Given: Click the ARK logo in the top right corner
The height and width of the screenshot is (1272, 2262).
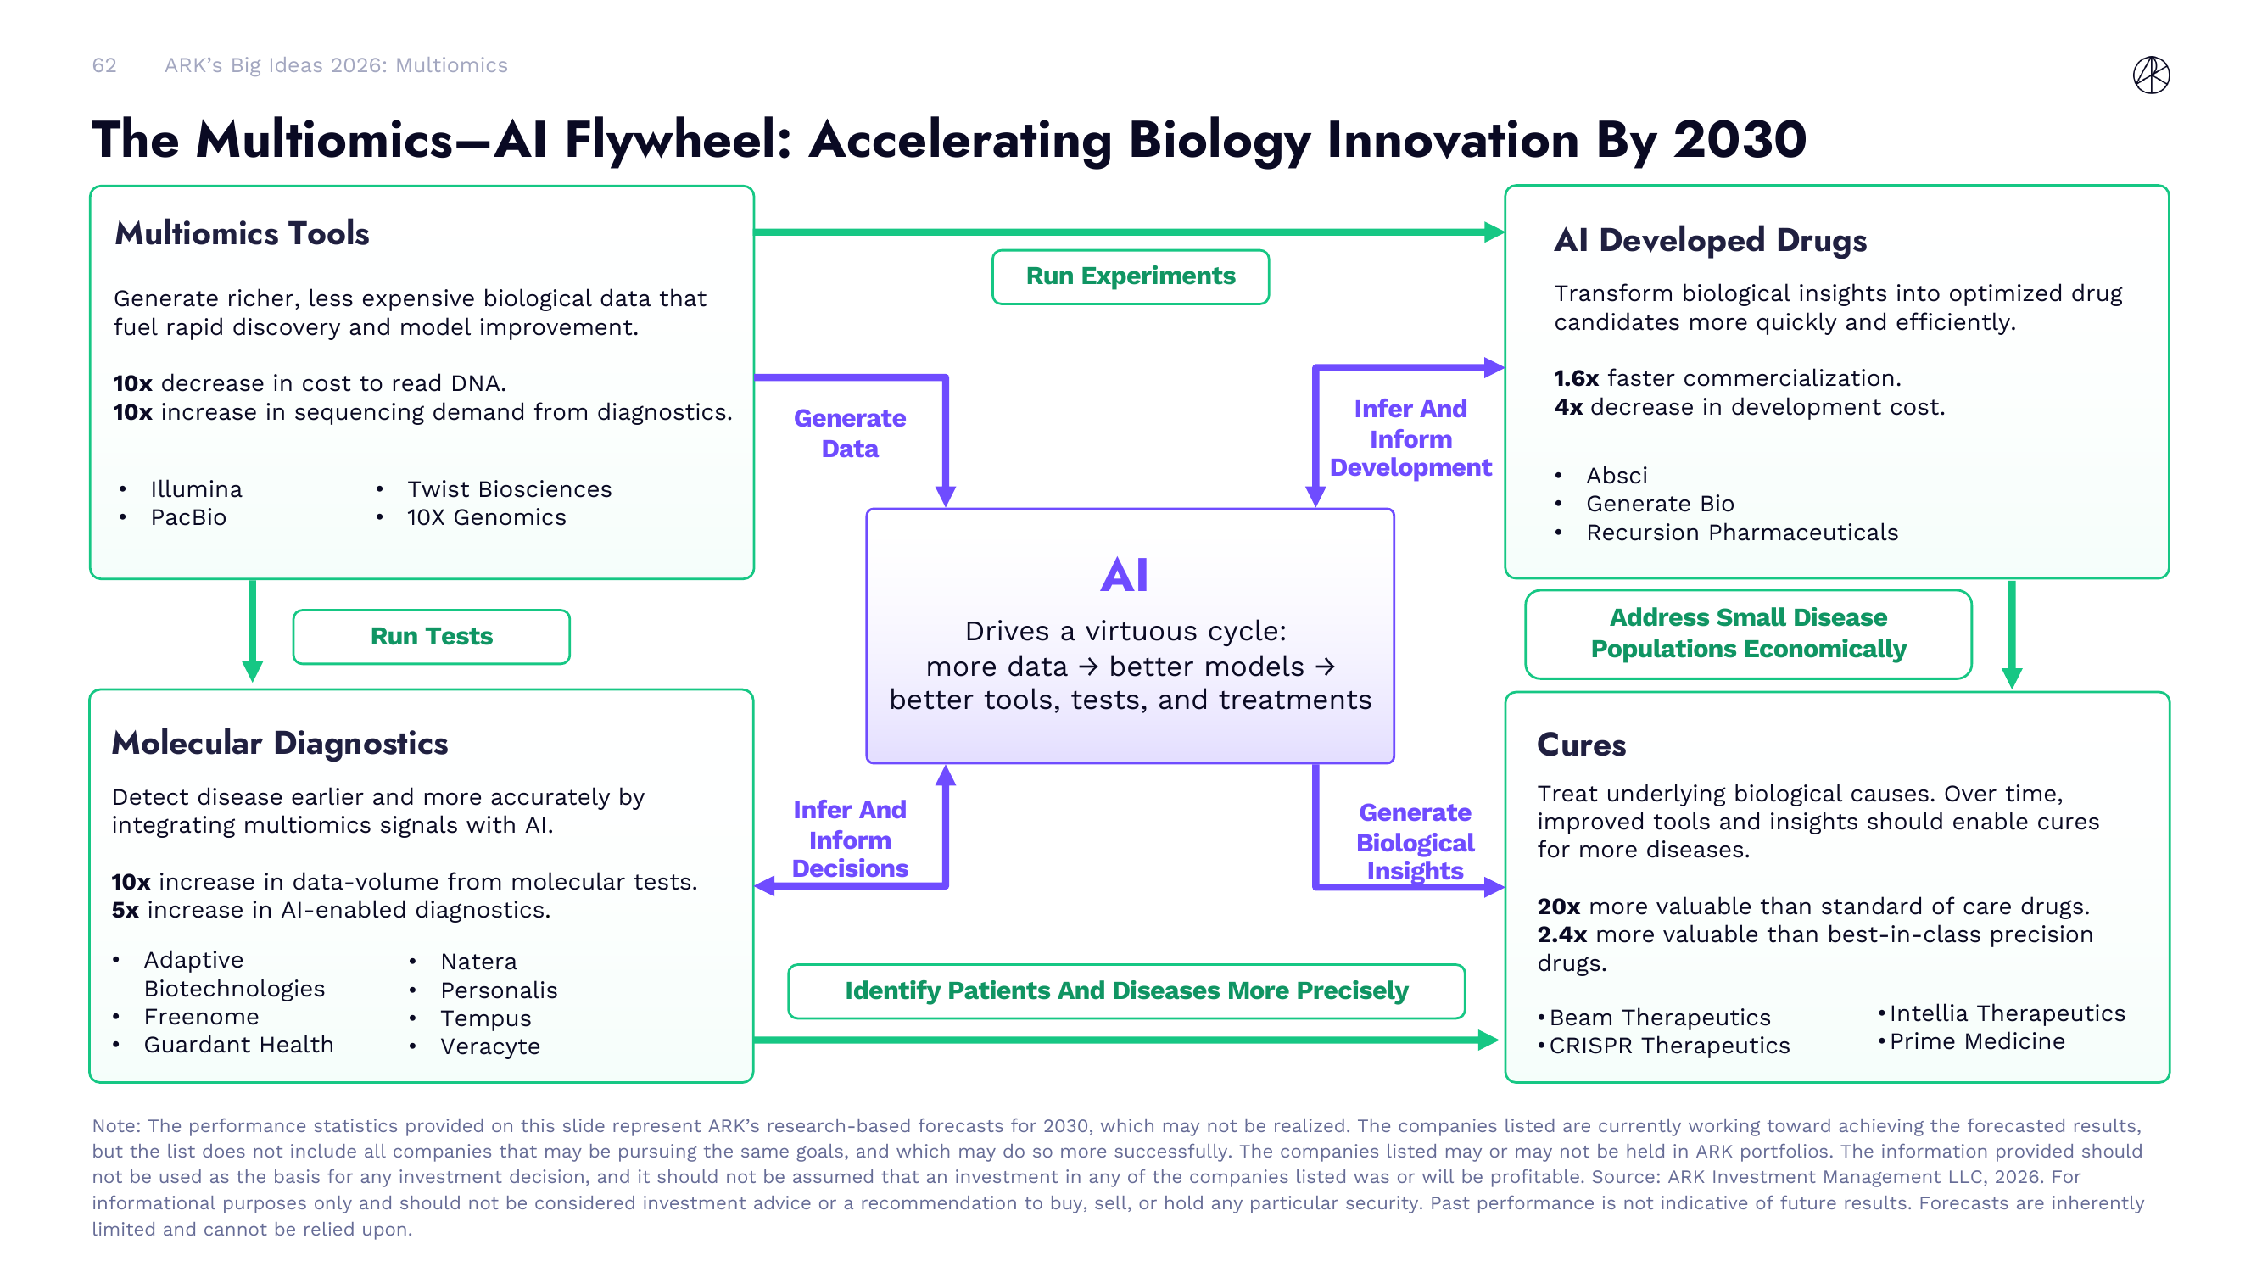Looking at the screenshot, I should tap(2151, 75).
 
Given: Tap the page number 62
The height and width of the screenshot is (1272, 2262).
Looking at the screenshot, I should tap(104, 66).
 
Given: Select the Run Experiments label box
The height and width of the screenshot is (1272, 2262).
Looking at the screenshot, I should tap(1129, 276).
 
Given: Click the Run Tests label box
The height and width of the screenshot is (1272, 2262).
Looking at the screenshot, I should tap(431, 637).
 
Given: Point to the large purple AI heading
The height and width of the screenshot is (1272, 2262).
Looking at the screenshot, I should tap(1124, 576).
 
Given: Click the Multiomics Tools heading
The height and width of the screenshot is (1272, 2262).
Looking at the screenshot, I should tap(242, 233).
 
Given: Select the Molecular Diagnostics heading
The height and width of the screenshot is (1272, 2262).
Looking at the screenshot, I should tap(279, 744).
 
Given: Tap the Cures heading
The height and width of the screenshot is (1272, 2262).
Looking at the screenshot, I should tap(1581, 745).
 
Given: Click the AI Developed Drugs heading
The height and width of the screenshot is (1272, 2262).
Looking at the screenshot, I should tap(1710, 241).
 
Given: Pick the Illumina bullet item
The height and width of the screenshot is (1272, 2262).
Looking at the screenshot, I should tap(196, 489).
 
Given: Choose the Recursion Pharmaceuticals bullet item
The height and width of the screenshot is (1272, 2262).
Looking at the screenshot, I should tap(1741, 533).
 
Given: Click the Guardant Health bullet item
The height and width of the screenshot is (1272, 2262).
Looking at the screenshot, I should tap(239, 1045).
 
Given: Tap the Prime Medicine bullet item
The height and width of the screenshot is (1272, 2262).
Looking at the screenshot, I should tap(1977, 1042).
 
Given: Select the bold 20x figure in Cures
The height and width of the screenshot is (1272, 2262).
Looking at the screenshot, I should tap(1558, 907).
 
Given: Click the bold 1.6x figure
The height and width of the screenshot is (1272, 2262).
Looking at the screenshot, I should tap(1575, 378).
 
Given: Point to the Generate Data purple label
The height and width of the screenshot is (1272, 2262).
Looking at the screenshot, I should tap(849, 433).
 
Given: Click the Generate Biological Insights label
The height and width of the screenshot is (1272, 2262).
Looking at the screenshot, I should tap(1415, 842).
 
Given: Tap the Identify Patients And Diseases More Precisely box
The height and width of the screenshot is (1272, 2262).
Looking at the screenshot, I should tap(1125, 991).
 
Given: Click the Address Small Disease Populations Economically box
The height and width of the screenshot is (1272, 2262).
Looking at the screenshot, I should tap(1747, 633).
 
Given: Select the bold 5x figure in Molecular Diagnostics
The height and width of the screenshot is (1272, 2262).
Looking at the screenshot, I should tap(125, 910).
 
